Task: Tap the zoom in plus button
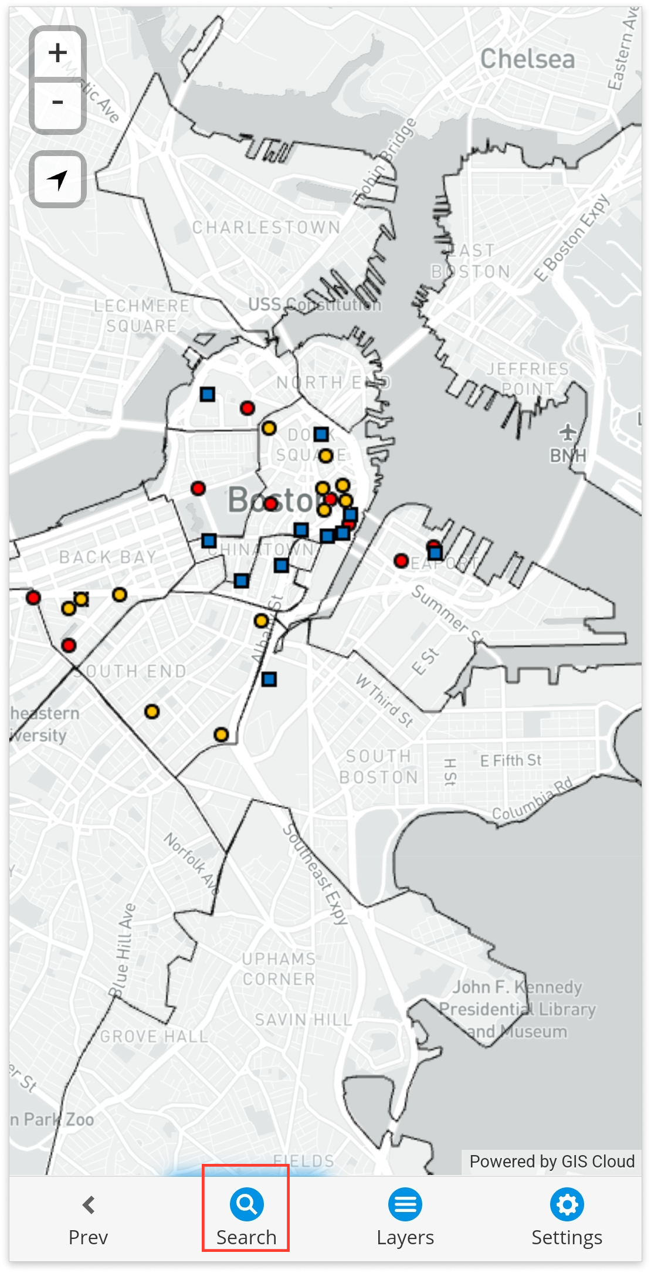[57, 53]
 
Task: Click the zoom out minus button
[57, 103]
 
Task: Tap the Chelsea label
[527, 59]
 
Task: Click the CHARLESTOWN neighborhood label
[266, 228]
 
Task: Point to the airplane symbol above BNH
[567, 433]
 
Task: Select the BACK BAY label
[108, 557]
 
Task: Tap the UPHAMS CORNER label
[279, 969]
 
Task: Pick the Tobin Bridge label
[386, 162]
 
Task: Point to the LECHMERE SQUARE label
[141, 316]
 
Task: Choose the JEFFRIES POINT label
[528, 378]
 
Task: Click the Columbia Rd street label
[531, 799]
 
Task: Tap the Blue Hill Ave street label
[122, 950]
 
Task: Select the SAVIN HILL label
[303, 1020]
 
